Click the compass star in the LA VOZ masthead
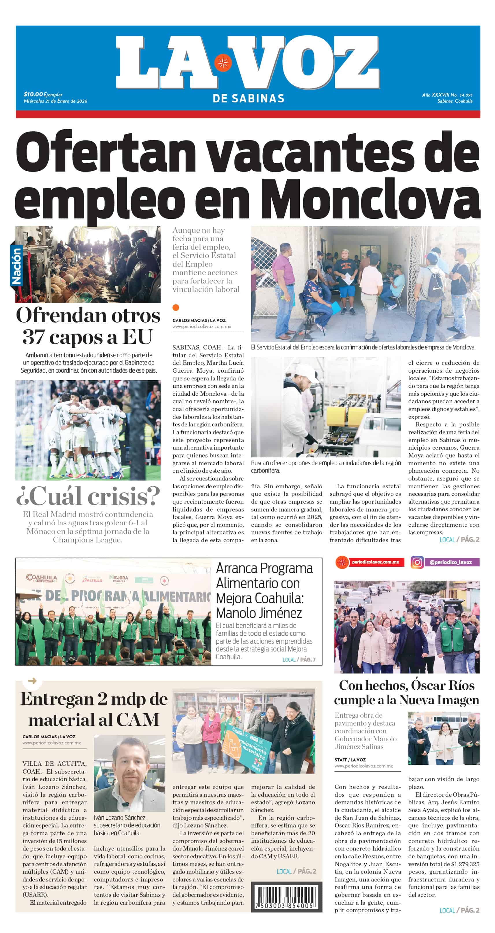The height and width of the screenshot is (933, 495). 223,63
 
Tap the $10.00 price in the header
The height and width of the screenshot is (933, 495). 33,95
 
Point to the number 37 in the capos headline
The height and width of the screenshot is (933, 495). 34,337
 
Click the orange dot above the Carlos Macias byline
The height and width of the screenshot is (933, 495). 176,308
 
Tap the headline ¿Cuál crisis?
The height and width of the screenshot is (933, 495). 88,496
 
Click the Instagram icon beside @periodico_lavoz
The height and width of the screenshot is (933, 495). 417,562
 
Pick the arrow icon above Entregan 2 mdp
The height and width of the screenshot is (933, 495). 32,681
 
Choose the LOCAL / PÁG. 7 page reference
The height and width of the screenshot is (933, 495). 299,660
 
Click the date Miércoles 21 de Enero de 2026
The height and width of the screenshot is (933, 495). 55,101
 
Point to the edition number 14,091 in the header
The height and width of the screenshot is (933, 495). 466,95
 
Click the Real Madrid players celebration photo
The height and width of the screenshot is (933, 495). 88,430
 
